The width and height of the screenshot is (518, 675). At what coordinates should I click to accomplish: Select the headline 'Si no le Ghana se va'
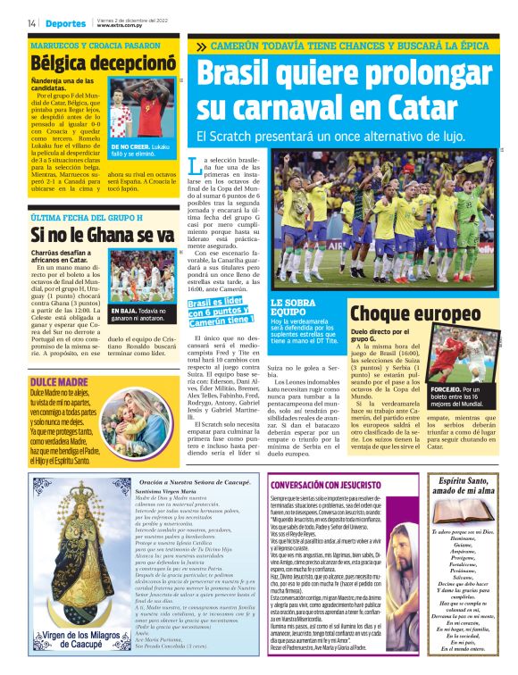(x=102, y=235)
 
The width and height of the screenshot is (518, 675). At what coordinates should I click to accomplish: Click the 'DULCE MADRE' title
(x=58, y=357)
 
